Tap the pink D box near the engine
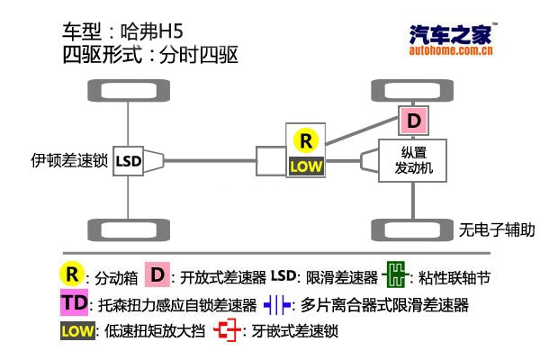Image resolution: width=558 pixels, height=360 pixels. (x=414, y=121)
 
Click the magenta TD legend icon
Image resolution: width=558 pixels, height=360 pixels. (x=76, y=303)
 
